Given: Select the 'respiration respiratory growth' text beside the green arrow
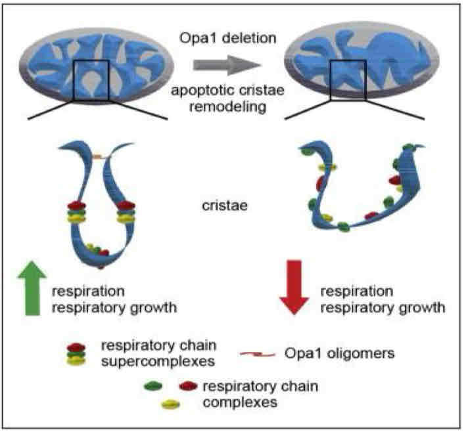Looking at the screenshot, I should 103,298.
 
